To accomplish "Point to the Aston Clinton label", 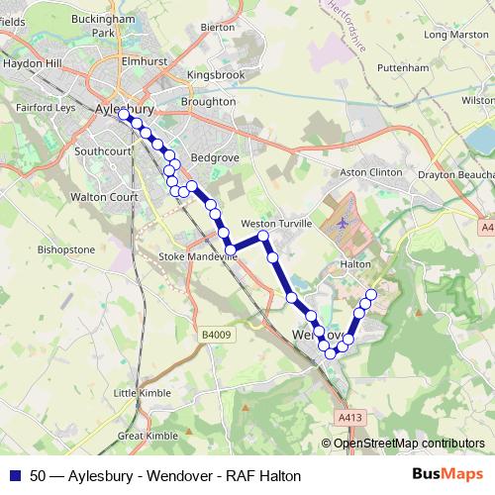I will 371,172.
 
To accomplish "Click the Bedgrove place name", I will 215,157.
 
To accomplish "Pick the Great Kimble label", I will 148,435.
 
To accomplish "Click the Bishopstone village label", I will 65,249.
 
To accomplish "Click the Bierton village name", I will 217,28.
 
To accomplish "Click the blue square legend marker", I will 15,475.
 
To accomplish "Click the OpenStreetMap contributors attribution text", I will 409,444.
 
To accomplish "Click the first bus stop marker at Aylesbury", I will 124,115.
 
